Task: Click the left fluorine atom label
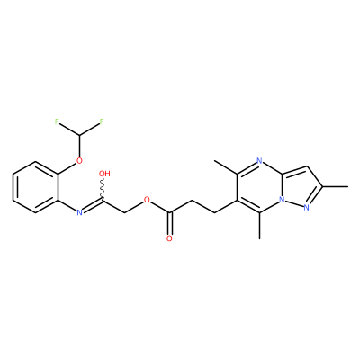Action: [57, 121]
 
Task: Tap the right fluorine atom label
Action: [102, 121]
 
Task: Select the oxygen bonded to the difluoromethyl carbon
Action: [79, 161]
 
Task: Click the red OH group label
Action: [104, 174]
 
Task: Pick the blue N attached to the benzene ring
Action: [79, 212]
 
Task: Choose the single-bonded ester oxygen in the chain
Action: [147, 200]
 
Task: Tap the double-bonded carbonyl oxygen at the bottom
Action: [169, 238]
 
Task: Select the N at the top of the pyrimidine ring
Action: [259, 161]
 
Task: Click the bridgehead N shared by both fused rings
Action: [282, 200]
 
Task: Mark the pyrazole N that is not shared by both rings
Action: [306, 208]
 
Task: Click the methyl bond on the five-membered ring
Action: [336, 187]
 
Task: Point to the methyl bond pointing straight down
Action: [259, 226]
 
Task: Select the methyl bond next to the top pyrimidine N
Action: [226, 167]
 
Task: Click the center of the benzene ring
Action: [35, 187]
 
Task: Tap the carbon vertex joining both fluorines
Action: [79, 135]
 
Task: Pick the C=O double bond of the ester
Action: [170, 224]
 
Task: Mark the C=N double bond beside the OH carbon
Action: [93, 206]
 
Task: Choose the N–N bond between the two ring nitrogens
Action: [294, 203]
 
